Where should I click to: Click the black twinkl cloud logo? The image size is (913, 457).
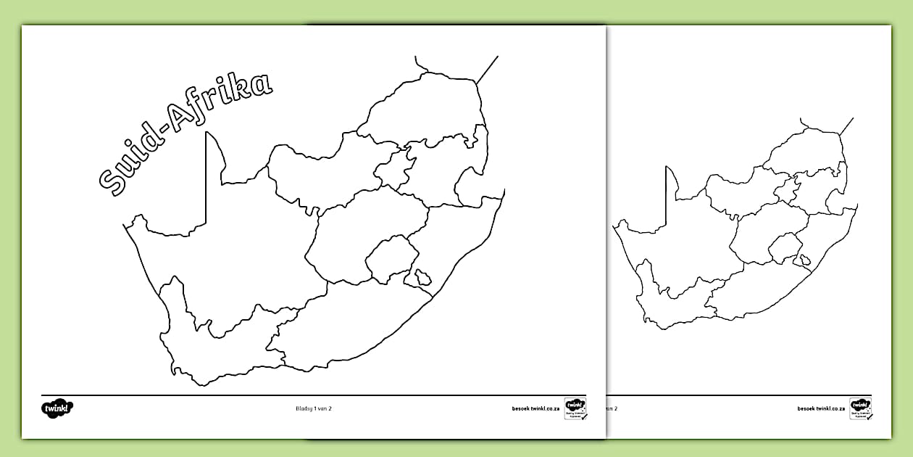point(57,408)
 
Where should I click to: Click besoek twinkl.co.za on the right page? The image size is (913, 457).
point(822,408)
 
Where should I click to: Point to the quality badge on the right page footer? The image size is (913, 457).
point(861,408)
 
